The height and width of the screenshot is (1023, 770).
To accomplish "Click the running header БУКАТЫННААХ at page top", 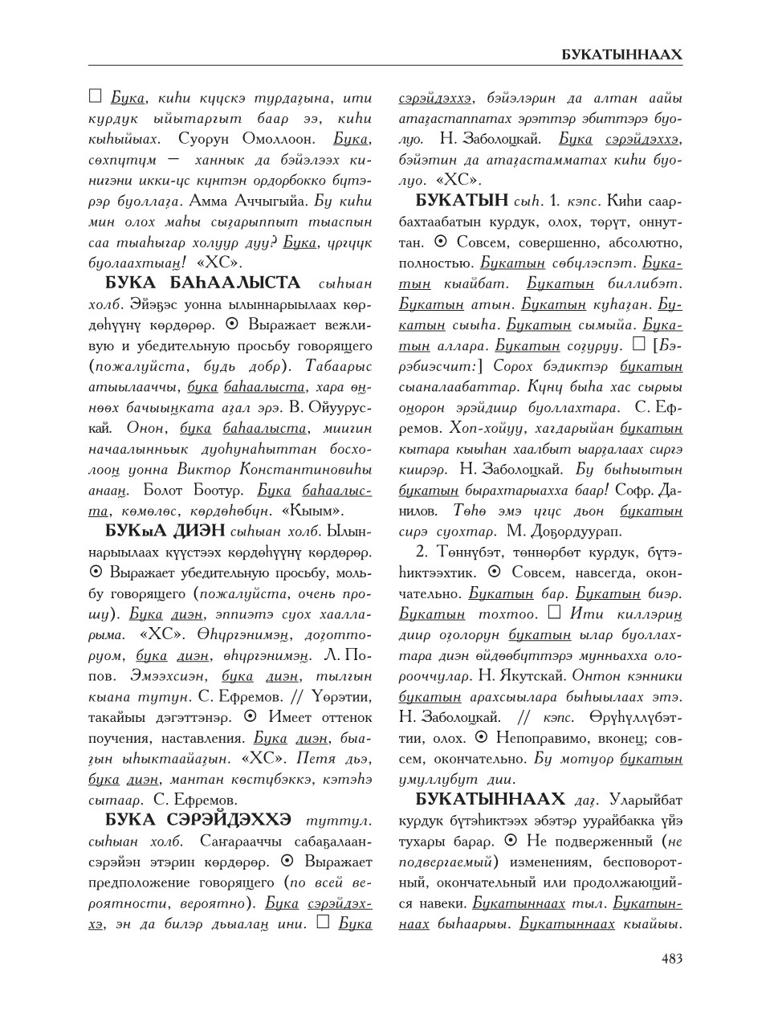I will tap(621, 55).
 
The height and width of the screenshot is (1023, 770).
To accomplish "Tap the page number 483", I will tap(671, 958).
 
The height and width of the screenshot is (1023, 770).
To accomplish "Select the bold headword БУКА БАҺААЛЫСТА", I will tap(203, 283).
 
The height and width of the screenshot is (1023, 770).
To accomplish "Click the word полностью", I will tap(436, 263).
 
